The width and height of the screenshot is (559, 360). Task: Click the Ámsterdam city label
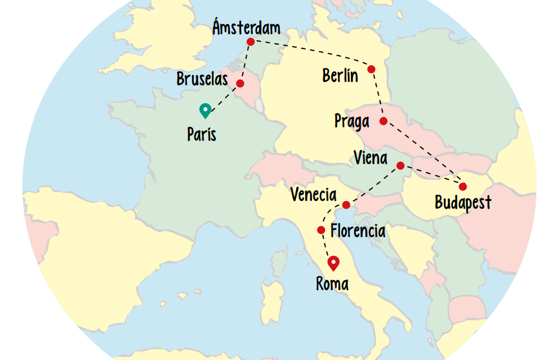(x=246, y=28)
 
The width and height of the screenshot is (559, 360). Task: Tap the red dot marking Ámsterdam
(x=251, y=42)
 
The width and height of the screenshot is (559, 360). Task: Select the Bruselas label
(x=202, y=79)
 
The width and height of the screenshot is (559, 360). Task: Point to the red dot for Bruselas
(x=240, y=83)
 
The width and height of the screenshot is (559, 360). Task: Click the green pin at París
(x=206, y=111)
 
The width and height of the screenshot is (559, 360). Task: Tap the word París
(x=202, y=135)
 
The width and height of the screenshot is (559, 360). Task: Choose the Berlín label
(x=340, y=76)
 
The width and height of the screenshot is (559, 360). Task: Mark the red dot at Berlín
(x=372, y=69)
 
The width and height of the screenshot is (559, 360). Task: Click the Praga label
(x=352, y=121)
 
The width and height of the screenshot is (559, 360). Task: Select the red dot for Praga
(x=383, y=122)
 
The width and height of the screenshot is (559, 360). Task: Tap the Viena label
(x=371, y=158)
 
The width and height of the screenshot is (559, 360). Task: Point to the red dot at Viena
(x=400, y=165)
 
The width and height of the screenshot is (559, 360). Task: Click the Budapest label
(x=463, y=202)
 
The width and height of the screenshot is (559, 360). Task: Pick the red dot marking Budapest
(x=463, y=187)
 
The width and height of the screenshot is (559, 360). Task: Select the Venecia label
(x=313, y=195)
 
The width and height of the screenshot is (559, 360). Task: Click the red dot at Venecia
(x=346, y=206)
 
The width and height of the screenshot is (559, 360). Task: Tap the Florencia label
(x=357, y=231)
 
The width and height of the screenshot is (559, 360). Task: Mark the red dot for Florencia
(x=321, y=230)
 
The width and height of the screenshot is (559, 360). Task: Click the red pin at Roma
(x=333, y=262)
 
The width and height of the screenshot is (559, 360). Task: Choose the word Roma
(x=332, y=284)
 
